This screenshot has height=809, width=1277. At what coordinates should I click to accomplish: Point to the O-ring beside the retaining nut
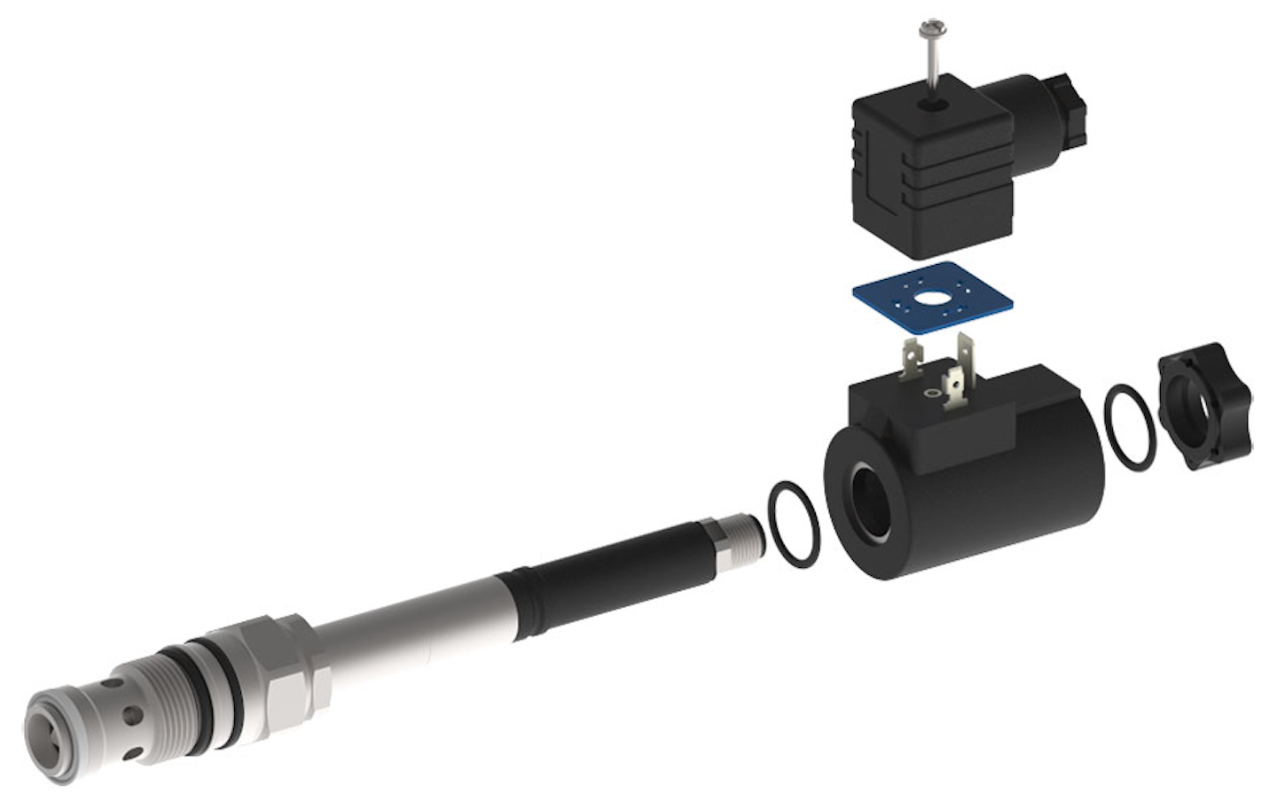click(x=1131, y=427)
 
